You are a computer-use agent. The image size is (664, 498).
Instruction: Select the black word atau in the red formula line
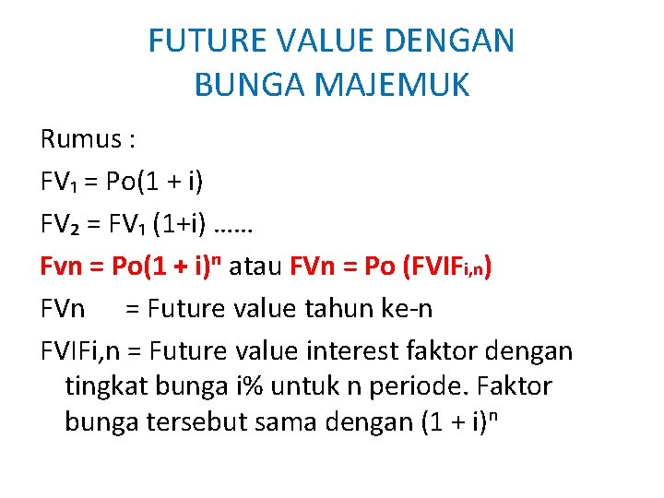256,267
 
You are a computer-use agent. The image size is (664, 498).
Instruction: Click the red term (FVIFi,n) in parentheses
442,267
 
